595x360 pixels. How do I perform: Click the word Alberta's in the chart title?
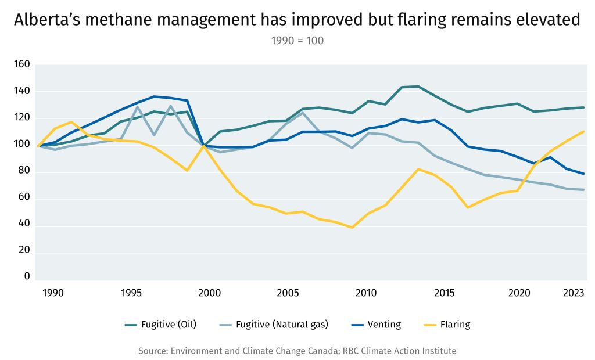pos(47,20)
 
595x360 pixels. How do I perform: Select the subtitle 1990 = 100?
pos(297,41)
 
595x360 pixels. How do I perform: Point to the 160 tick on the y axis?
pos(21,64)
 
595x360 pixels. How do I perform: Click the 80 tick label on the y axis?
pos(24,172)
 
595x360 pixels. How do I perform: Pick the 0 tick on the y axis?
pos(27,276)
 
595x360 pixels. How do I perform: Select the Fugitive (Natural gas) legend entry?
pos(282,325)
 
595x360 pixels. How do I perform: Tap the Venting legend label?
pos(384,325)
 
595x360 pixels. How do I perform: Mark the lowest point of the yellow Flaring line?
pos(352,228)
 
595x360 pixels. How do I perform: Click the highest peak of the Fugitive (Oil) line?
pos(418,87)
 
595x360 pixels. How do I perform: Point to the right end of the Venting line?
pos(583,174)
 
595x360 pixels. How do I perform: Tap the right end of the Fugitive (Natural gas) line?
pos(583,190)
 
